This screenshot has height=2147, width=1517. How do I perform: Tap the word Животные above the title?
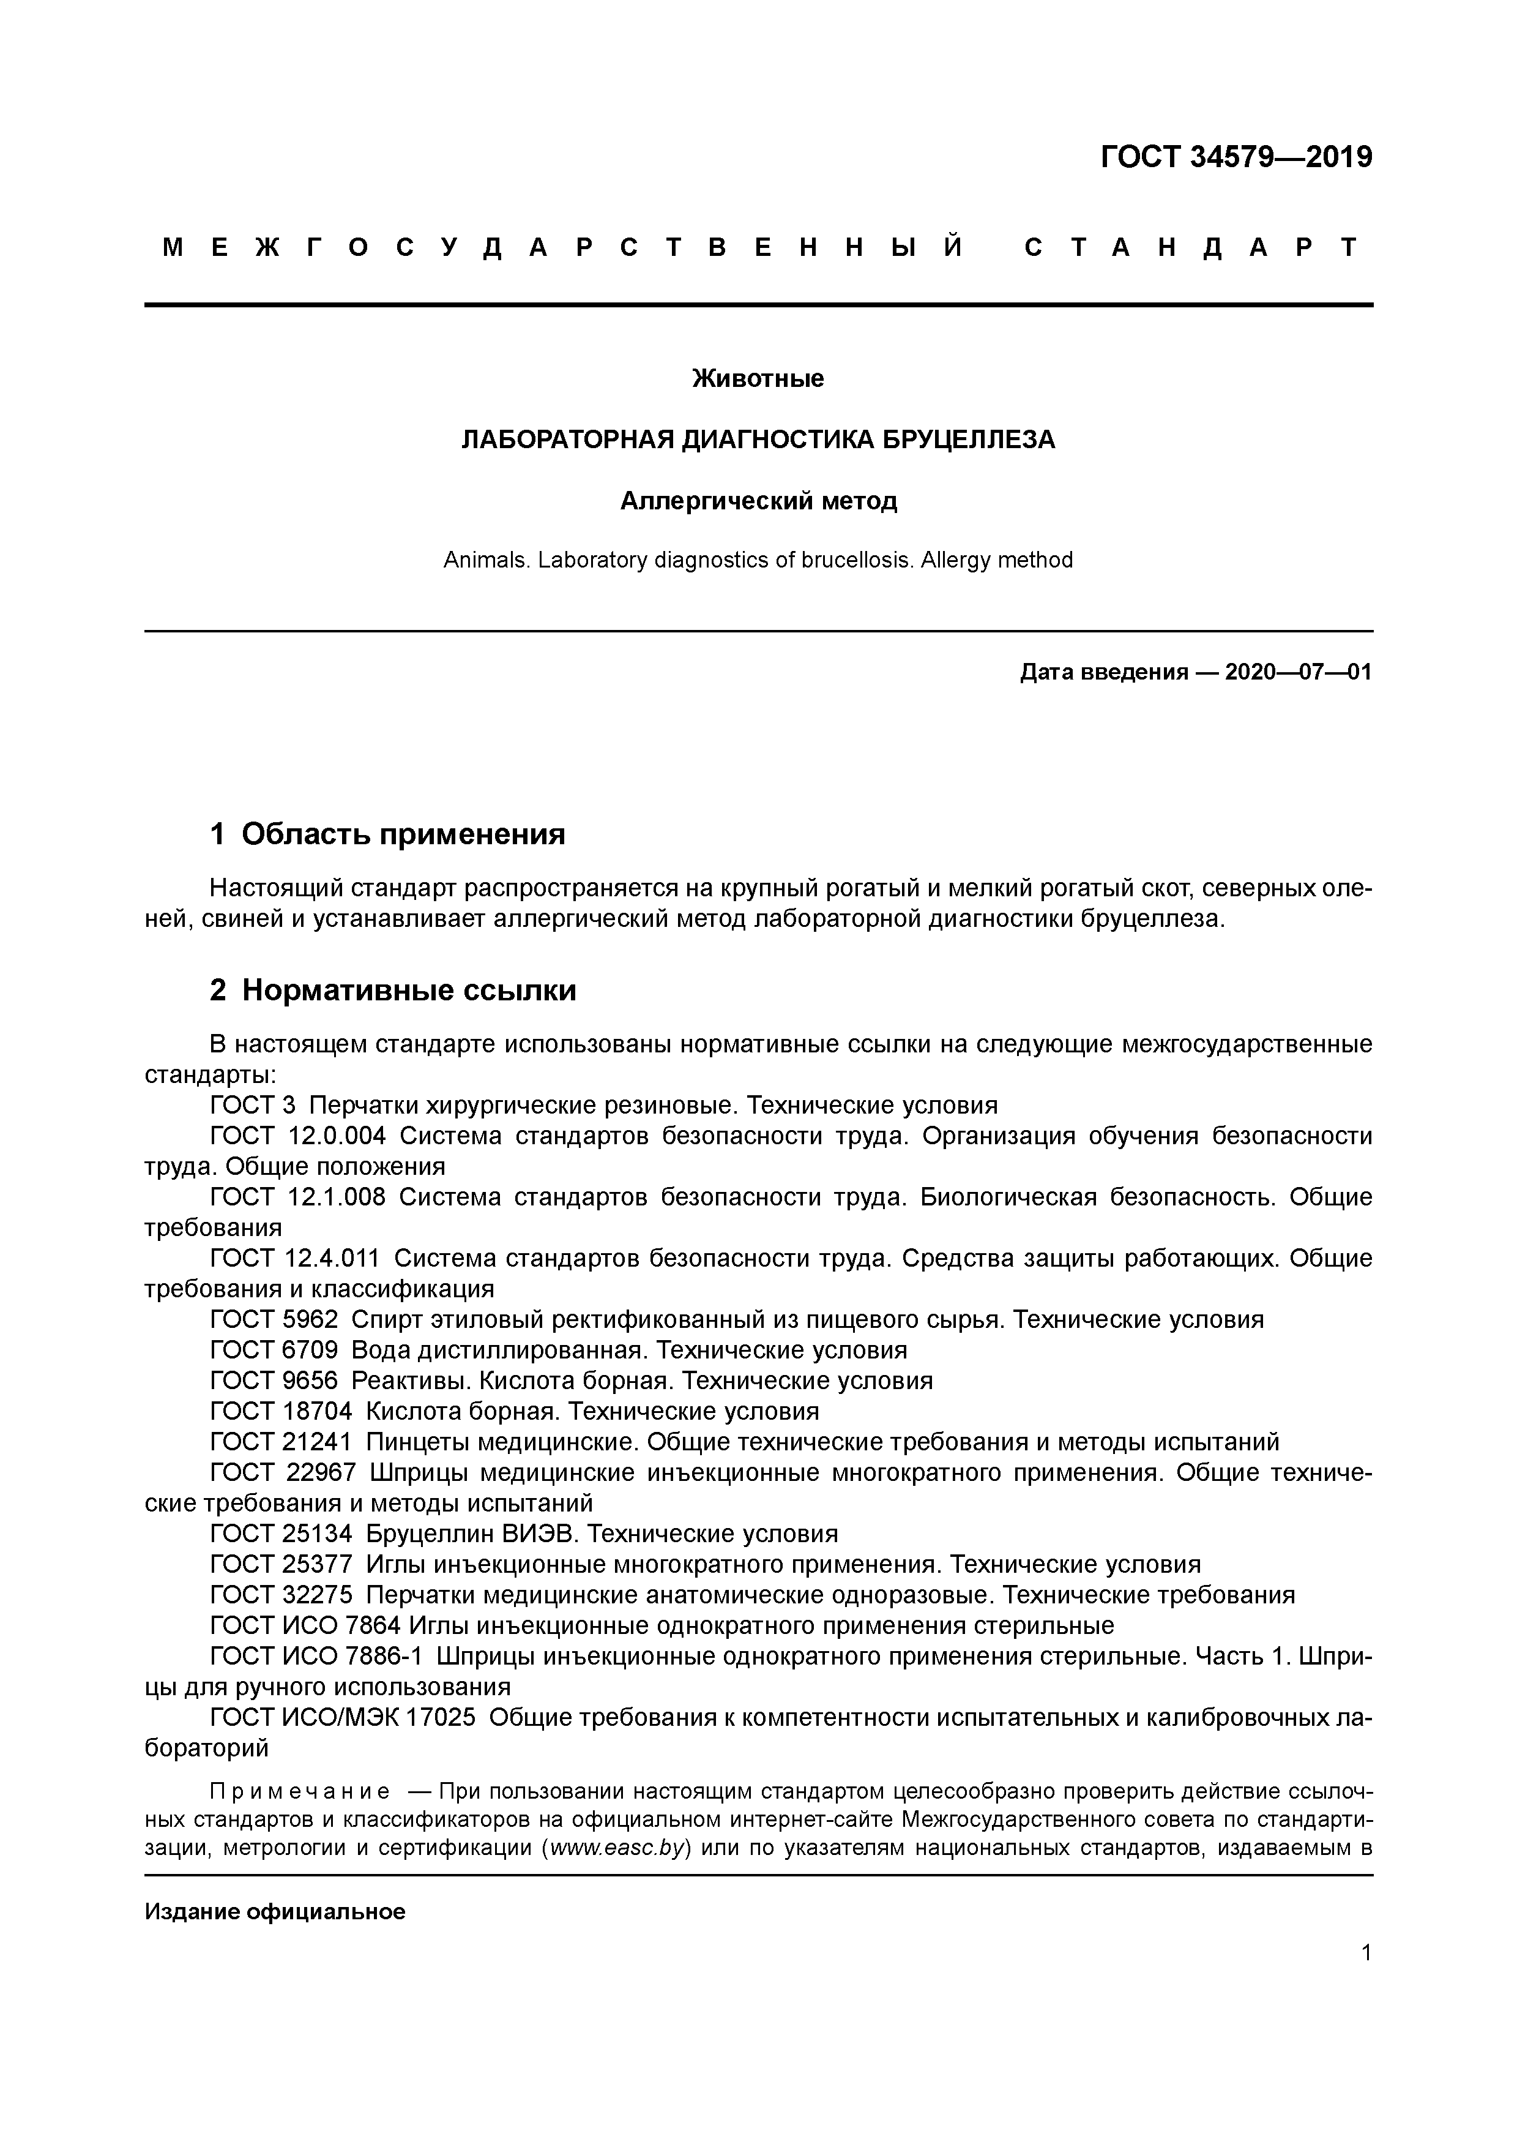pyautogui.click(x=758, y=379)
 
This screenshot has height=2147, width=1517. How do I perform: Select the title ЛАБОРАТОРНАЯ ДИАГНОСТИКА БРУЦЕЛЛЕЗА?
pyautogui.click(x=758, y=440)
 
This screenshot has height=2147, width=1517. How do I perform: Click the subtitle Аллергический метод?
pyautogui.click(x=758, y=501)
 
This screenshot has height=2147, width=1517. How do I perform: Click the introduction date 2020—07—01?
pyautogui.click(x=1297, y=672)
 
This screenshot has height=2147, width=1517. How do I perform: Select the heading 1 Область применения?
pyautogui.click(x=388, y=833)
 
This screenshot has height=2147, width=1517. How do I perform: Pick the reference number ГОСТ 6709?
pyautogui.click(x=274, y=1351)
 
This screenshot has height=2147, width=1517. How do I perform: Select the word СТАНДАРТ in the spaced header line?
pyautogui.click(x=1191, y=248)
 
